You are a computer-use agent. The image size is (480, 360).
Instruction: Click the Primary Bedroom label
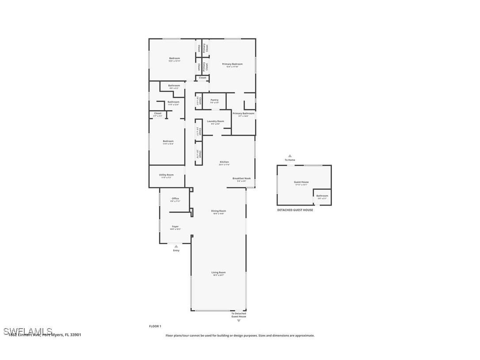pos(232,64)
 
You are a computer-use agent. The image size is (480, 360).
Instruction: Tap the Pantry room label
pos(214,100)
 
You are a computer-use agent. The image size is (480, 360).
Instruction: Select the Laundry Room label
pos(215,121)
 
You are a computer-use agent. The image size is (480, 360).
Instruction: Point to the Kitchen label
pos(225,162)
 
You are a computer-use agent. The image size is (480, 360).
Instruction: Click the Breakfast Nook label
pos(241,178)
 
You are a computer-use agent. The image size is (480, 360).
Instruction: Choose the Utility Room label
pos(166,175)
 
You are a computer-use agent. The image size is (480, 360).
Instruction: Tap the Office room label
pos(175,199)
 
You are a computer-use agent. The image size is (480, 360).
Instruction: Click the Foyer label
pos(175,226)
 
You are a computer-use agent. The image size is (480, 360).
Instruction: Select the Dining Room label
pos(218,211)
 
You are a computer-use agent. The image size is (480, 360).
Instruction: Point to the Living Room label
pos(218,272)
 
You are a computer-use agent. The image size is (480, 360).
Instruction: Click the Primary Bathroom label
pos(244,113)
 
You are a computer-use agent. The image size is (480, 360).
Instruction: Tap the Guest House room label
pos(301,182)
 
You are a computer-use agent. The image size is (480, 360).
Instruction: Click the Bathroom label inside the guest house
pos(322,195)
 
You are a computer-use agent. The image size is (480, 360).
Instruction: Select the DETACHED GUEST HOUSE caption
pos(295,210)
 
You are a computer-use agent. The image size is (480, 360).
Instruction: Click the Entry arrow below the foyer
pos(176,246)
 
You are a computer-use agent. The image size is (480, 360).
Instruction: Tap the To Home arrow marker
pos(290,156)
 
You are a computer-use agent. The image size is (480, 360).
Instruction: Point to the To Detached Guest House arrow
pos(239,320)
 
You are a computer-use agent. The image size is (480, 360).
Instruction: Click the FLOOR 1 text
pos(155,326)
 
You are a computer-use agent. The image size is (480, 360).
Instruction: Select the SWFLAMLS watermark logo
pos(28,331)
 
